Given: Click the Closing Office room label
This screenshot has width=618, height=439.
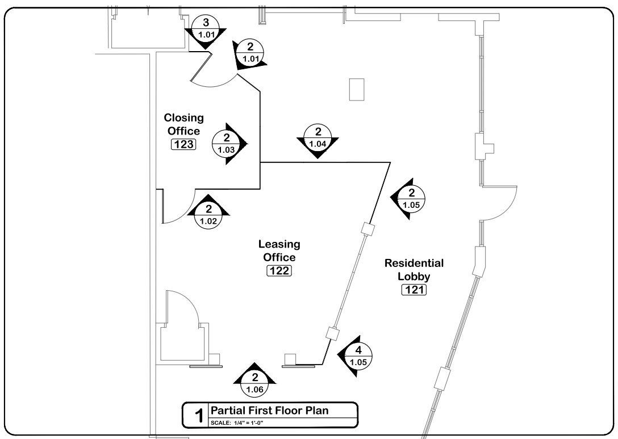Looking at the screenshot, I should click(x=183, y=124).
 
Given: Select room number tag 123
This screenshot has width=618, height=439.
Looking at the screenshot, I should click(x=183, y=144).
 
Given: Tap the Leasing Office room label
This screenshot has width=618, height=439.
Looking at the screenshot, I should click(x=279, y=250).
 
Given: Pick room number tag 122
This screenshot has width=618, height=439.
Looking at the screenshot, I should click(x=279, y=271).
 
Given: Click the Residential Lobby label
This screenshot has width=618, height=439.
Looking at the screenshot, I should click(x=414, y=270).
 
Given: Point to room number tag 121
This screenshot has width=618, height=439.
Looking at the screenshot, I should click(x=414, y=290).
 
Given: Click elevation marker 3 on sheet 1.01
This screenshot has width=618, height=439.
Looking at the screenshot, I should click(x=206, y=30).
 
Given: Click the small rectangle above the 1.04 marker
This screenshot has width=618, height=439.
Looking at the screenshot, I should click(x=356, y=89).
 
